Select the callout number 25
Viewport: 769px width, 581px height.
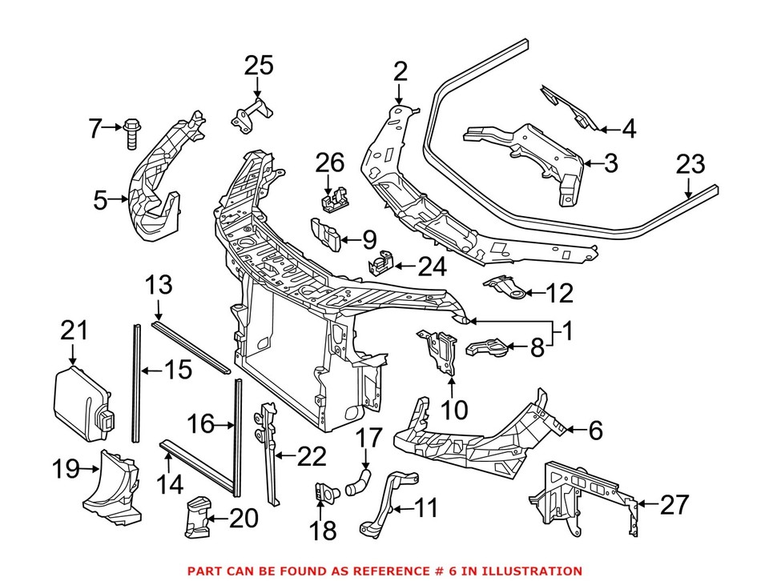pos(258,66)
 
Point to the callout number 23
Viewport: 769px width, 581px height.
pos(690,165)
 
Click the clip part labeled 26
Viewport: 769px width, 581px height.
pos(332,200)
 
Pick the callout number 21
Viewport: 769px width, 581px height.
pos(74,330)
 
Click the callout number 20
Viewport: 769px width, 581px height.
pos(244,519)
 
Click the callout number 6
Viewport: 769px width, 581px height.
pos(594,431)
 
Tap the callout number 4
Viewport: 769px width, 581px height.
pos(629,128)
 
